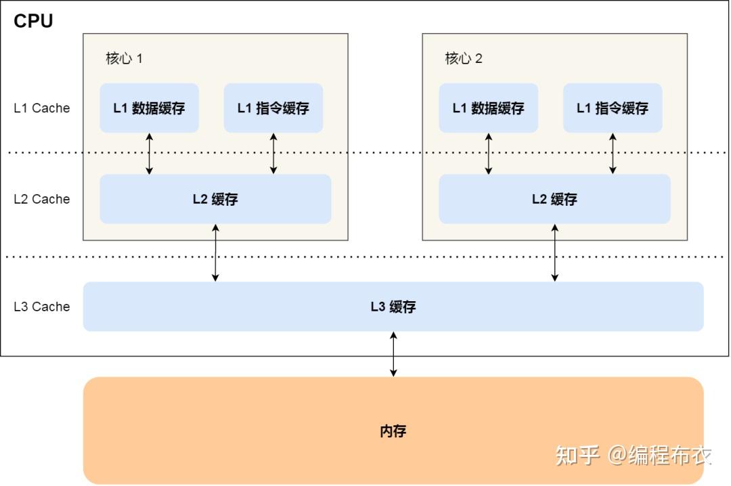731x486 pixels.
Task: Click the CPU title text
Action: [33, 21]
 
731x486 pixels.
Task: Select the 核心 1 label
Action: [124, 58]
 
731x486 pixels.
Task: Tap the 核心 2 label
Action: [464, 58]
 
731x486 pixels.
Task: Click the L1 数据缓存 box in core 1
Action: [149, 108]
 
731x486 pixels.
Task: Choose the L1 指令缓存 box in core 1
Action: [273, 108]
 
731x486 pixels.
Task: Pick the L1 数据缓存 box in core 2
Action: [488, 108]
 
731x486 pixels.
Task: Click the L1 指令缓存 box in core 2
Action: [613, 108]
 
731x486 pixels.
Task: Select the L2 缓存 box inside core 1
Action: [215, 199]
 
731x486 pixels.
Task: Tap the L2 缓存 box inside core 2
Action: [554, 199]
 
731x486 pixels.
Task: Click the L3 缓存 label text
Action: [393, 307]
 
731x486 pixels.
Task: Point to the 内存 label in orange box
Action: [393, 430]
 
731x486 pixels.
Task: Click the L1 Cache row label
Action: [42, 108]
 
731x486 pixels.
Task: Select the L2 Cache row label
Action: [42, 199]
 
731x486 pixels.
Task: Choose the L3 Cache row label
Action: [42, 307]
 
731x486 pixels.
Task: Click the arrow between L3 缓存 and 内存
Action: [393, 354]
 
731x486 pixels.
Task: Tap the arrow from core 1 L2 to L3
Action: [215, 252]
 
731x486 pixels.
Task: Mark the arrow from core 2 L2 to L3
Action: [555, 252]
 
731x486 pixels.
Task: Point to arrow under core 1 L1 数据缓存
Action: [150, 154]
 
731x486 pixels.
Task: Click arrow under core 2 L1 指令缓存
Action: [613, 154]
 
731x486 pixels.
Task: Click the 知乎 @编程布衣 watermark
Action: [633, 455]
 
